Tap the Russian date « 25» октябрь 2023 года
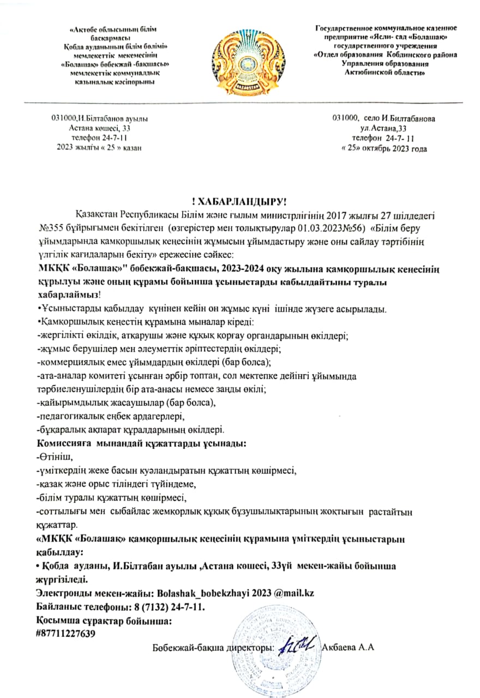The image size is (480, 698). pyautogui.click(x=383, y=148)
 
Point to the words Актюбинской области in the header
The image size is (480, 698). pyautogui.click(x=385, y=72)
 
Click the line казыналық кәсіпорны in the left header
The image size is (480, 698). pyautogui.click(x=114, y=81)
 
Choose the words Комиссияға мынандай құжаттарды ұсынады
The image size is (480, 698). pyautogui.click(x=141, y=444)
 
